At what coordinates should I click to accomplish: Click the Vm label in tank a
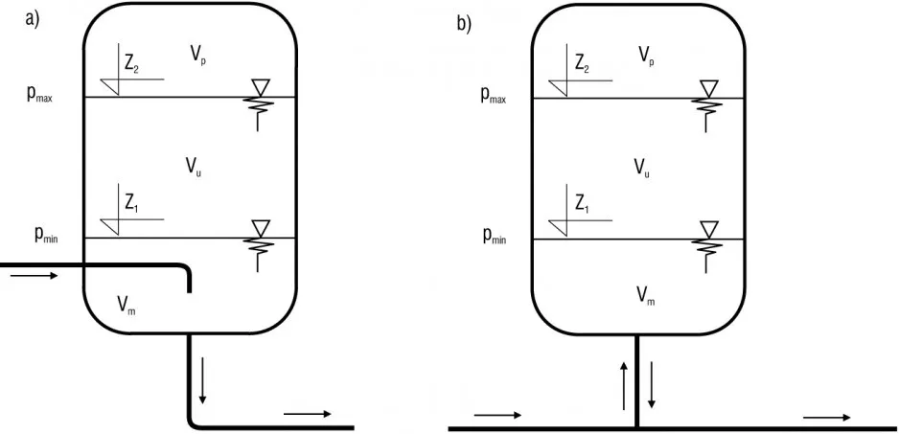click(x=127, y=306)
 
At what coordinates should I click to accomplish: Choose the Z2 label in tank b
click(x=582, y=65)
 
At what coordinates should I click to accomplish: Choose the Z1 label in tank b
click(x=582, y=203)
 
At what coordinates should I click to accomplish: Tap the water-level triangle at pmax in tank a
click(x=257, y=87)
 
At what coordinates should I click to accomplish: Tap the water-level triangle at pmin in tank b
click(x=709, y=228)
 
